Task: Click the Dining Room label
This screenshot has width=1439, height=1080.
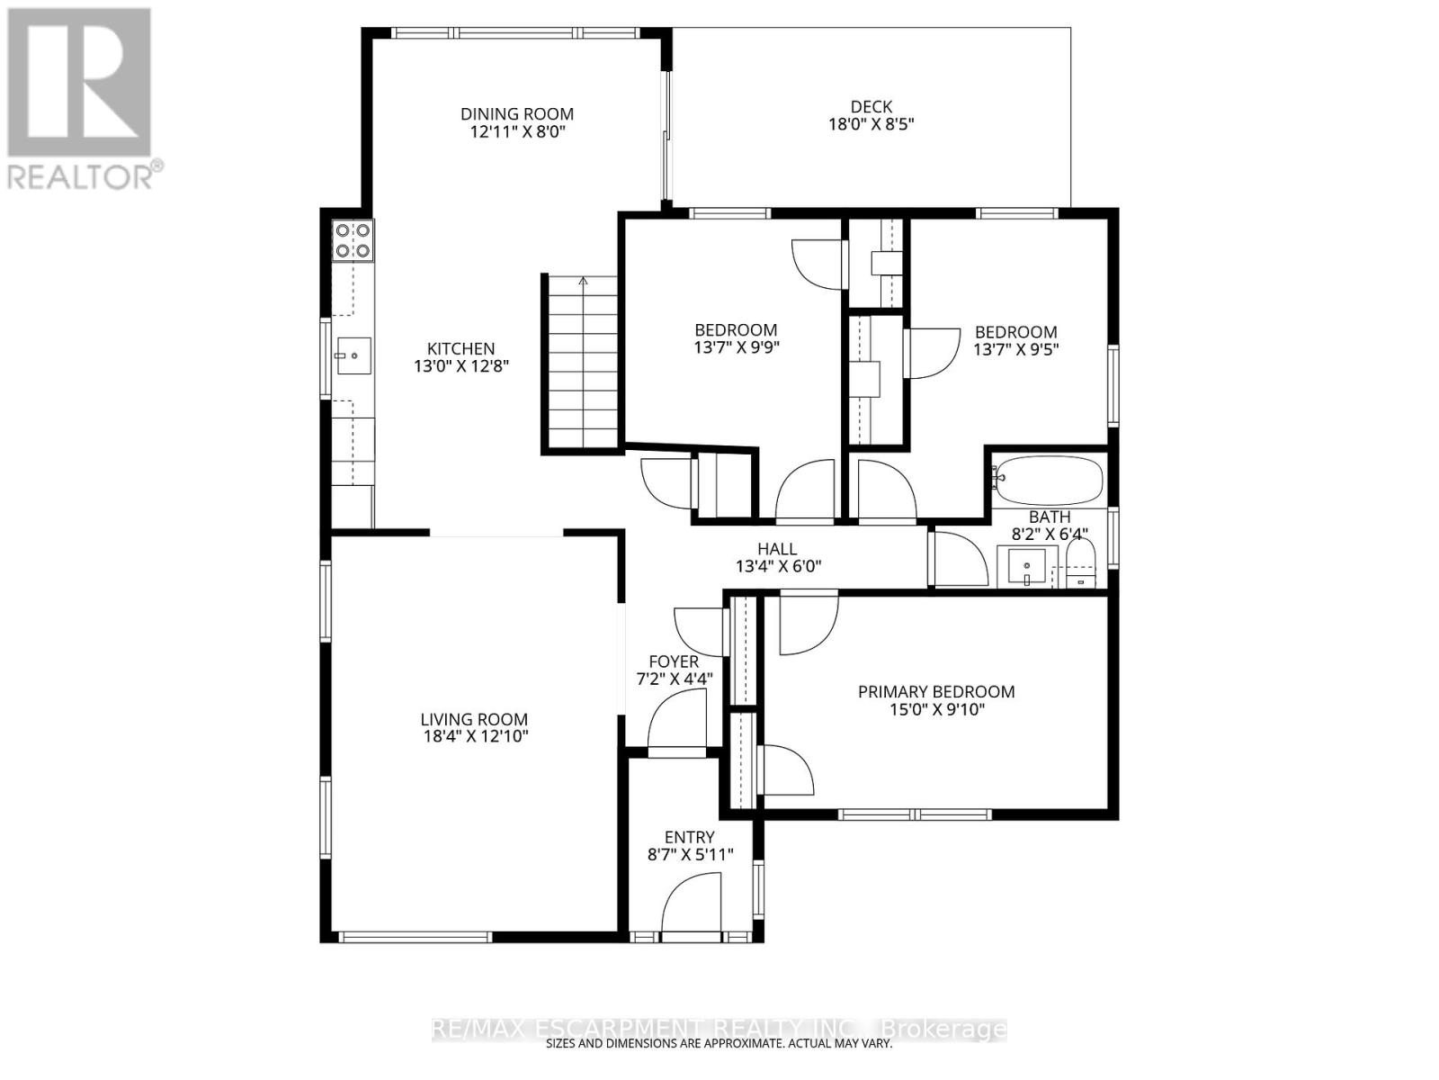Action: point(516,113)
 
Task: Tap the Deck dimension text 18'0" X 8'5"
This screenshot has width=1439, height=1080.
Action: point(871,125)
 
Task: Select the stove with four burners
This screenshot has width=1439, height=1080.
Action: point(353,240)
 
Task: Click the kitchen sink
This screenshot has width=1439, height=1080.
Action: point(353,356)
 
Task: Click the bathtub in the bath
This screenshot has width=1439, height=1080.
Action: point(1049,481)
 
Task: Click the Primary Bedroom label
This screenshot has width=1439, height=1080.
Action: point(935,691)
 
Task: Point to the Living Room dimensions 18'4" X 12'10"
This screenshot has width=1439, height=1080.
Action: point(474,736)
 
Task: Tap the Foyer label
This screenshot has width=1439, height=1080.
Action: point(674,661)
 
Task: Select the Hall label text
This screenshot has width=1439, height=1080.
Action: point(777,548)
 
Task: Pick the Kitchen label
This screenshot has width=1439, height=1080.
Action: point(460,348)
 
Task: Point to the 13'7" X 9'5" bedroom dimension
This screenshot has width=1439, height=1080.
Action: point(1016,349)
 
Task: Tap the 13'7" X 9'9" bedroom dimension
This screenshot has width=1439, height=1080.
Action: point(736,347)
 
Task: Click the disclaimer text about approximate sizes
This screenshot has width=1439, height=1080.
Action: point(719,1044)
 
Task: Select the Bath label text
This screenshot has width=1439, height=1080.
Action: point(1050,517)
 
